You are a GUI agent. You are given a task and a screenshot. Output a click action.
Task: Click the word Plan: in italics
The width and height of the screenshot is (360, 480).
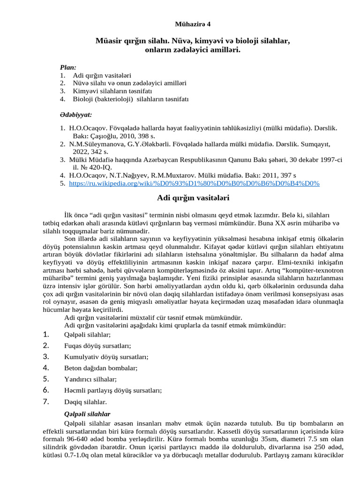click(68, 67)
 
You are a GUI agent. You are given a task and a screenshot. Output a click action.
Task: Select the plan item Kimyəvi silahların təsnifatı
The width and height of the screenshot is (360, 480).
click(112, 91)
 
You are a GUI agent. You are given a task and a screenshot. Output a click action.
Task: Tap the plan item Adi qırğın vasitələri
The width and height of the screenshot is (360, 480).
click(102, 75)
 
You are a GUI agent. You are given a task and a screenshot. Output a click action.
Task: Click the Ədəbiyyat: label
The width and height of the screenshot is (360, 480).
click(75, 114)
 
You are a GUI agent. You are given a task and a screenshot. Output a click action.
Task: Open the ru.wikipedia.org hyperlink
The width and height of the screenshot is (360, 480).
click(194, 184)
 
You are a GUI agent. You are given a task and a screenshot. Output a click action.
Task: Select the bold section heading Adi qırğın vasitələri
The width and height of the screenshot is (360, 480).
click(193, 198)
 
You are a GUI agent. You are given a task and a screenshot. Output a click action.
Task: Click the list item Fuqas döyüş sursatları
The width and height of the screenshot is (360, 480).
click(97, 346)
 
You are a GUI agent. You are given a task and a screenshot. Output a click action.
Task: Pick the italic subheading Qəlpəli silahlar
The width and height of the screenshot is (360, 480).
click(87, 414)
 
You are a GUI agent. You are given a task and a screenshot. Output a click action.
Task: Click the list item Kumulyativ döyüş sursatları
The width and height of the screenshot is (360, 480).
click(106, 357)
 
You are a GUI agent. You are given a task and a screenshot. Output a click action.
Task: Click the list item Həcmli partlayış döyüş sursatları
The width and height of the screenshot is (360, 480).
click(113, 390)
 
